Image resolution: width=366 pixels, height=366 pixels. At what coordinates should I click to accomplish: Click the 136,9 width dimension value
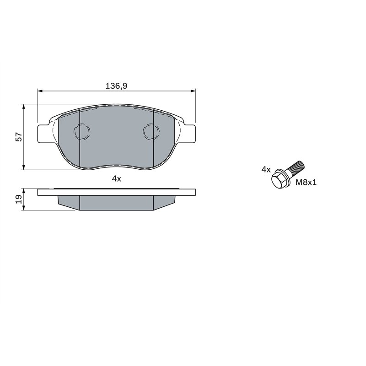(116, 86)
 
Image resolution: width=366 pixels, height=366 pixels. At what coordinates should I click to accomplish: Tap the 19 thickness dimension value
(18, 199)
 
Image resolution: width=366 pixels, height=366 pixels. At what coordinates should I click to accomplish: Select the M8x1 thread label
(306, 182)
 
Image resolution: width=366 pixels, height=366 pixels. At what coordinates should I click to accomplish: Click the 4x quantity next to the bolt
(266, 169)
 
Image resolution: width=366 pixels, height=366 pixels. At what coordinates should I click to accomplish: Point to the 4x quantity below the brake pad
(116, 178)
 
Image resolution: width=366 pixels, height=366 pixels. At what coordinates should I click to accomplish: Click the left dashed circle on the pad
(82, 132)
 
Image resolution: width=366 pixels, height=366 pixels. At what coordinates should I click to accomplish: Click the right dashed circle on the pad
(151, 132)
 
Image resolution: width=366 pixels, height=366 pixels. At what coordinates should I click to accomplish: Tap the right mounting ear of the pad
(188, 134)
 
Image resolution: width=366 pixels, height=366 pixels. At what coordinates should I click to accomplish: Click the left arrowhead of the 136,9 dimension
(40, 91)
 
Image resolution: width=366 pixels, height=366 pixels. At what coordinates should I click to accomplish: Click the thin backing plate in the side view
(116, 192)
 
